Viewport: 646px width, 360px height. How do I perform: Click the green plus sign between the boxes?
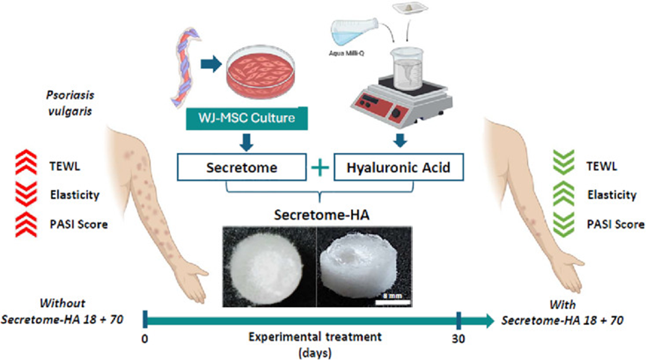point(320,169)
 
